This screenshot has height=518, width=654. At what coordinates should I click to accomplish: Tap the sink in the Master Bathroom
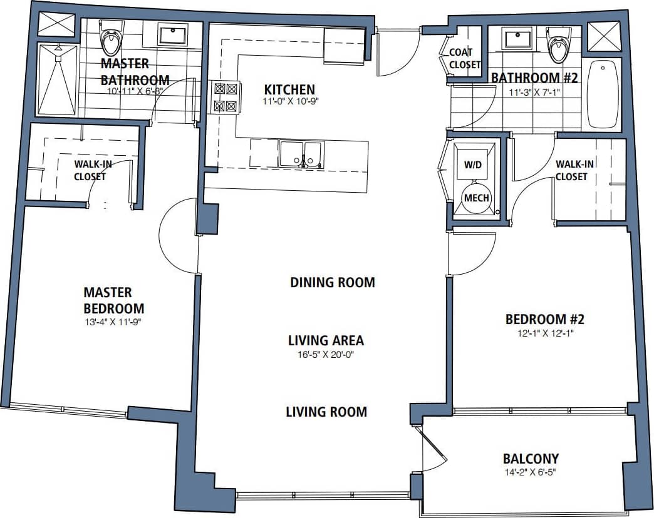tap(172, 34)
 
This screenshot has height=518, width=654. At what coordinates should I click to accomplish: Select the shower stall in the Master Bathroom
tap(57, 79)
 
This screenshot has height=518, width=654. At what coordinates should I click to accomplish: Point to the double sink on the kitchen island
tap(301, 154)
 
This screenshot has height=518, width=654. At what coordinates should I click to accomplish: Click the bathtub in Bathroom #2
tap(601, 94)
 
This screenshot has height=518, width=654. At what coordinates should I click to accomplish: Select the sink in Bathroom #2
tap(517, 39)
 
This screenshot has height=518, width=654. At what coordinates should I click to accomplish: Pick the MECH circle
tap(476, 198)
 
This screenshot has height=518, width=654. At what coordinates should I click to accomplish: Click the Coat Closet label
tap(465, 58)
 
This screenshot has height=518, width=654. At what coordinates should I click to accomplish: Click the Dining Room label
tap(332, 282)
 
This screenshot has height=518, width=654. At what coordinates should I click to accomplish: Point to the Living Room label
tap(326, 412)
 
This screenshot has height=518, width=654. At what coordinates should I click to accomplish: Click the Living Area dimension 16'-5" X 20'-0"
tap(326, 354)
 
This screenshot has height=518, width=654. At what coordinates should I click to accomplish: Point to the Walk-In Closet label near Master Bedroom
tap(90, 170)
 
